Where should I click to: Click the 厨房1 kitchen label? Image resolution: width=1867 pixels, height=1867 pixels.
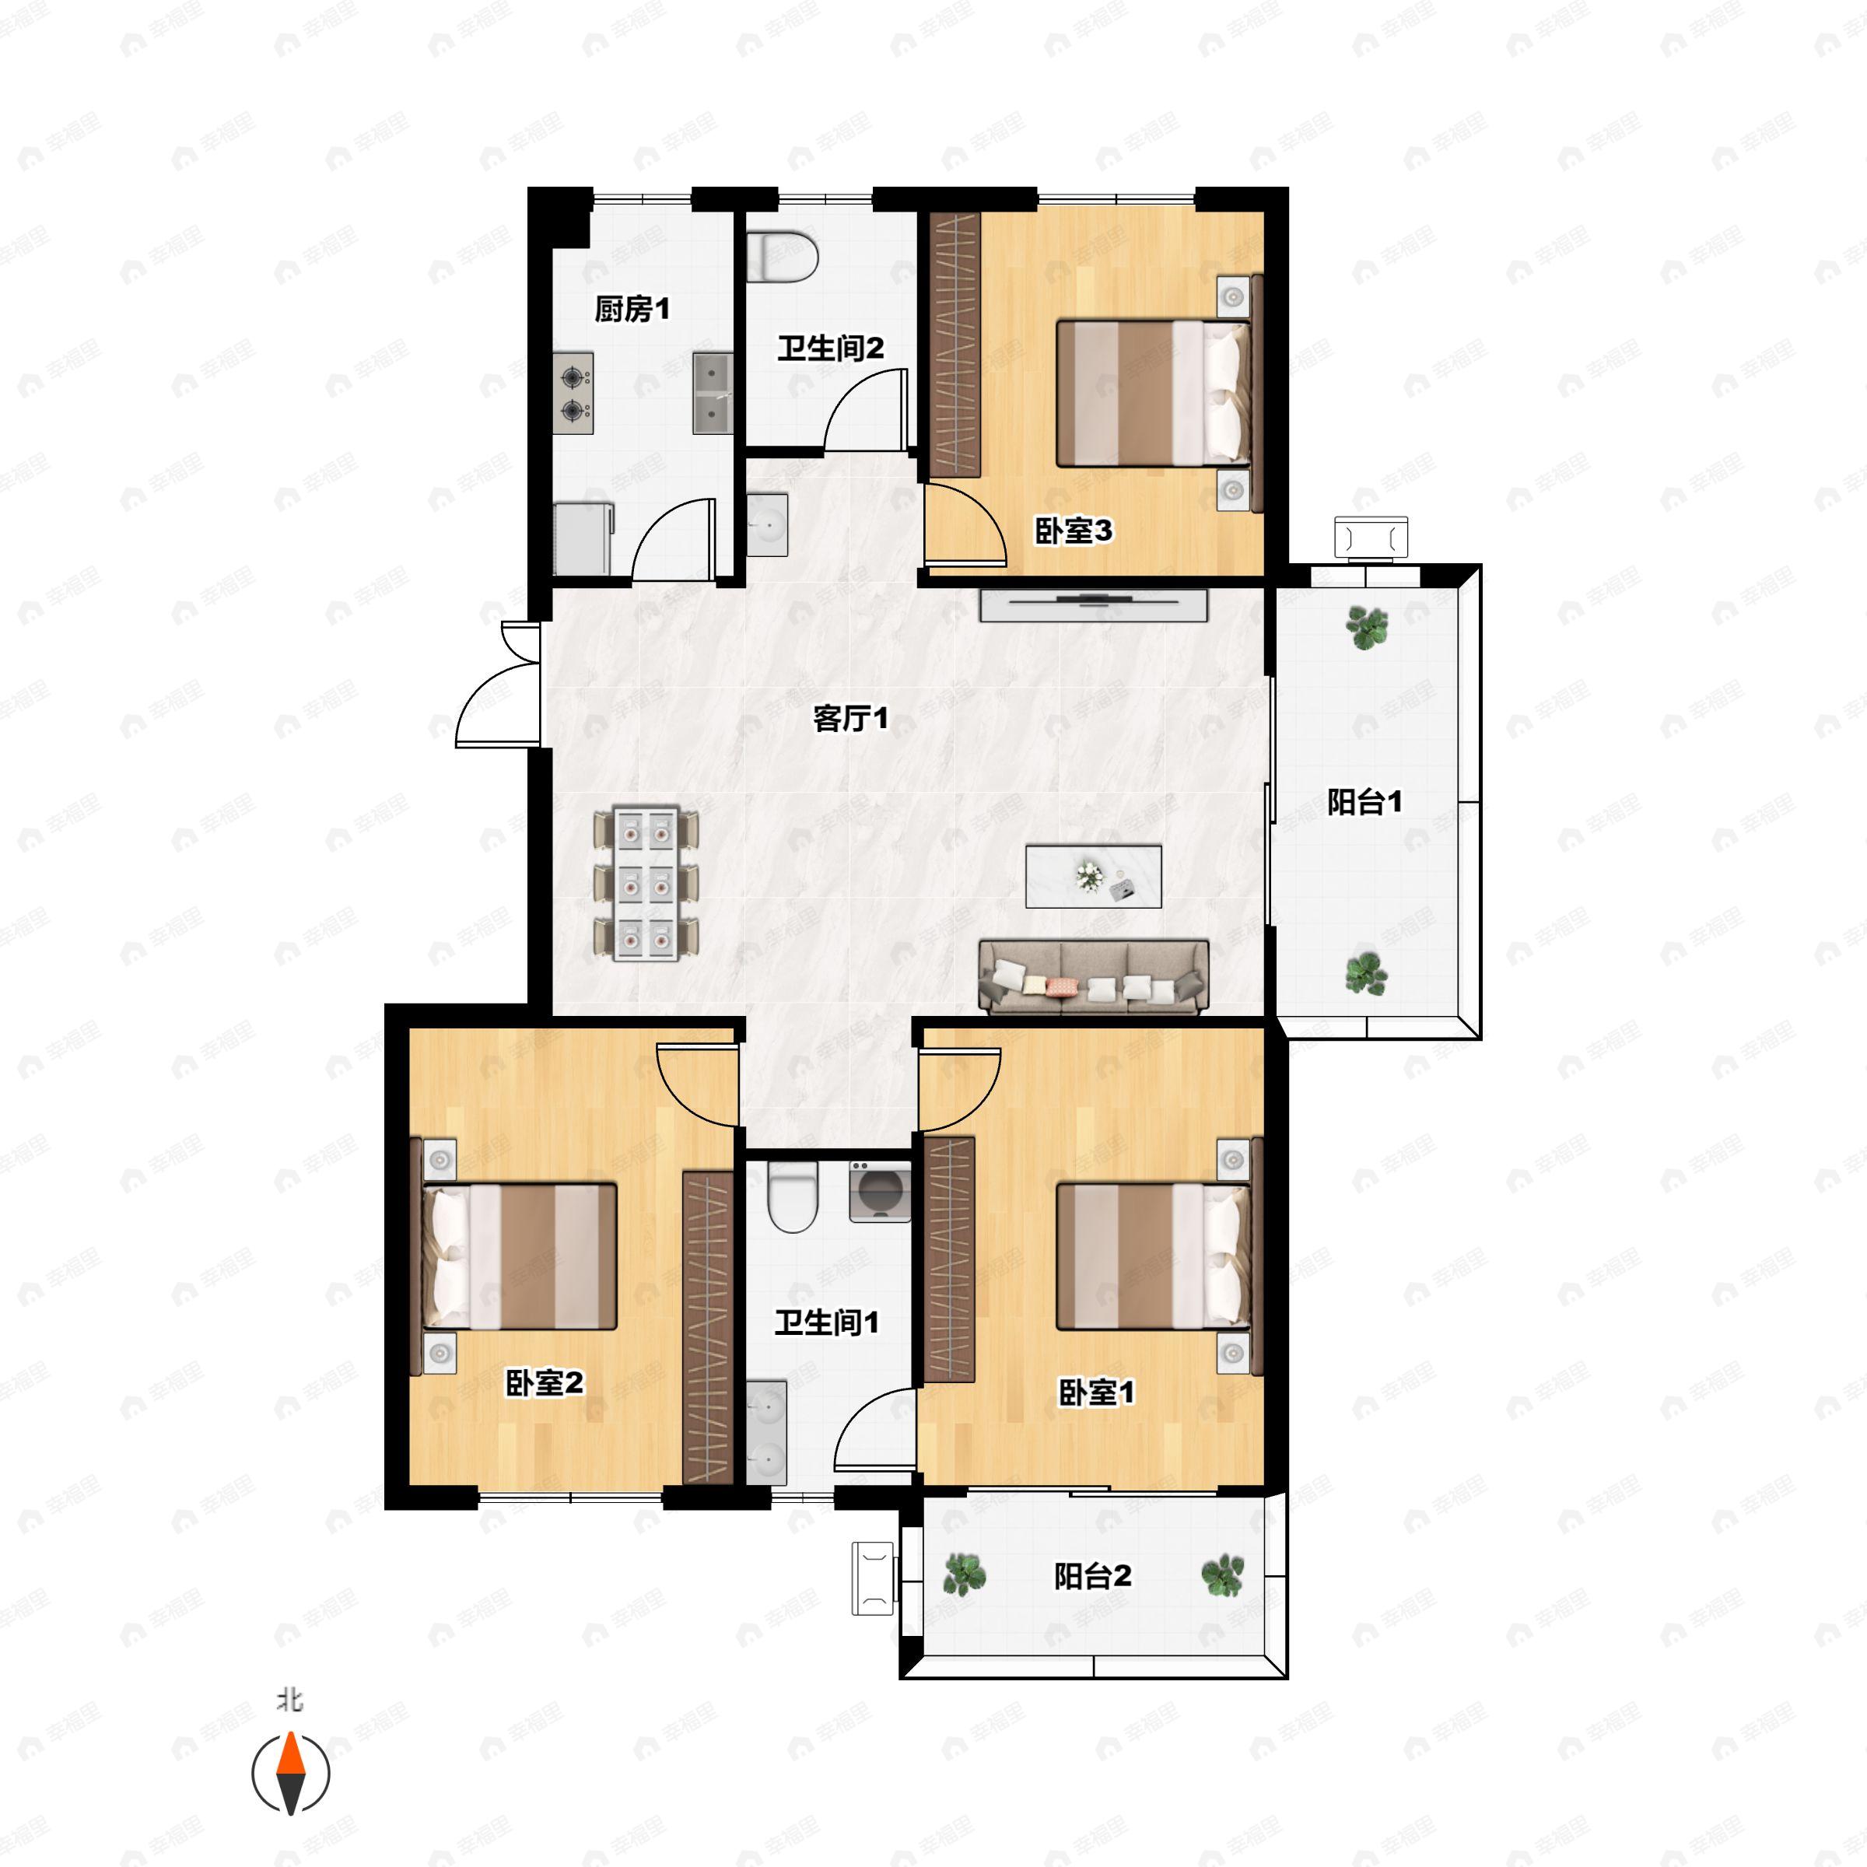(x=631, y=310)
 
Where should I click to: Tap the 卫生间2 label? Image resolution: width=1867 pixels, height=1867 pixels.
(x=830, y=348)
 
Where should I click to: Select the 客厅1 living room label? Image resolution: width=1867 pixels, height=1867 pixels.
(x=850, y=718)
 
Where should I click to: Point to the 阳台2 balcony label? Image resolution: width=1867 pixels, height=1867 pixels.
(x=1092, y=1576)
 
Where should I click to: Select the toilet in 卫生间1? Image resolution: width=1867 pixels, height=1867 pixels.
(x=793, y=1197)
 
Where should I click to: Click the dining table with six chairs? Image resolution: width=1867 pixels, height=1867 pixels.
(x=646, y=883)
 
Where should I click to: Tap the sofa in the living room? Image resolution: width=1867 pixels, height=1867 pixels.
(x=1094, y=977)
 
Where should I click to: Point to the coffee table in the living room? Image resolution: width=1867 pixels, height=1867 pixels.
(x=1094, y=877)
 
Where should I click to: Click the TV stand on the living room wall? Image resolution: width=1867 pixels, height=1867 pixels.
(x=1094, y=605)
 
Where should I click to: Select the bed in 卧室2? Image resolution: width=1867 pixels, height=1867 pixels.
(x=519, y=1256)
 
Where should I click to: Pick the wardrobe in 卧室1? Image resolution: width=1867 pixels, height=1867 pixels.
(x=949, y=1260)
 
